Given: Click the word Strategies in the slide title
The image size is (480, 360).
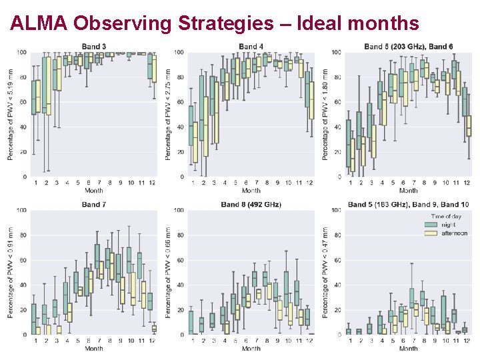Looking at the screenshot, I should pyautogui.click(x=226, y=24).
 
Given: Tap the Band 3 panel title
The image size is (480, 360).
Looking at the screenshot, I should pyautogui.click(x=93, y=47).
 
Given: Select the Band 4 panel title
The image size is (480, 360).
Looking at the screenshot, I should pyautogui.click(x=251, y=47).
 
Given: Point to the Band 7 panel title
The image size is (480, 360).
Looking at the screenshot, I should pyautogui.click(x=93, y=205).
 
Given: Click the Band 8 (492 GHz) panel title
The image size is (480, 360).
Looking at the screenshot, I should pyautogui.click(x=251, y=205).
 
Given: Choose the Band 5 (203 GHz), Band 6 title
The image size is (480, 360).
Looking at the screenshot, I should pyautogui.click(x=409, y=47).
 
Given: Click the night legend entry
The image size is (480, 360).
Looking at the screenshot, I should pyautogui.click(x=448, y=225).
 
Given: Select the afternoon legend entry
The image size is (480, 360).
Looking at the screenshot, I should pyautogui.click(x=453, y=233).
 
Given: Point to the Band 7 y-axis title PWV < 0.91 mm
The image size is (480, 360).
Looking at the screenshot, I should pyautogui.click(x=11, y=273).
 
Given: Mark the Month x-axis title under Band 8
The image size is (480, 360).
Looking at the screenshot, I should pyautogui.click(x=251, y=349).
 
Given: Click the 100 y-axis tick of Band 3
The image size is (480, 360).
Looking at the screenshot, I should pyautogui.click(x=22, y=53).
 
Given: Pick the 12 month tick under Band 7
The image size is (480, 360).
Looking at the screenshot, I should pyautogui.click(x=152, y=341).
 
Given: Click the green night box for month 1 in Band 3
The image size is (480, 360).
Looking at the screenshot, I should pyautogui.click(x=34, y=97).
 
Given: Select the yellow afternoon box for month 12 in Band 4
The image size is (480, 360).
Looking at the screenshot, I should pyautogui.click(x=311, y=100).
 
